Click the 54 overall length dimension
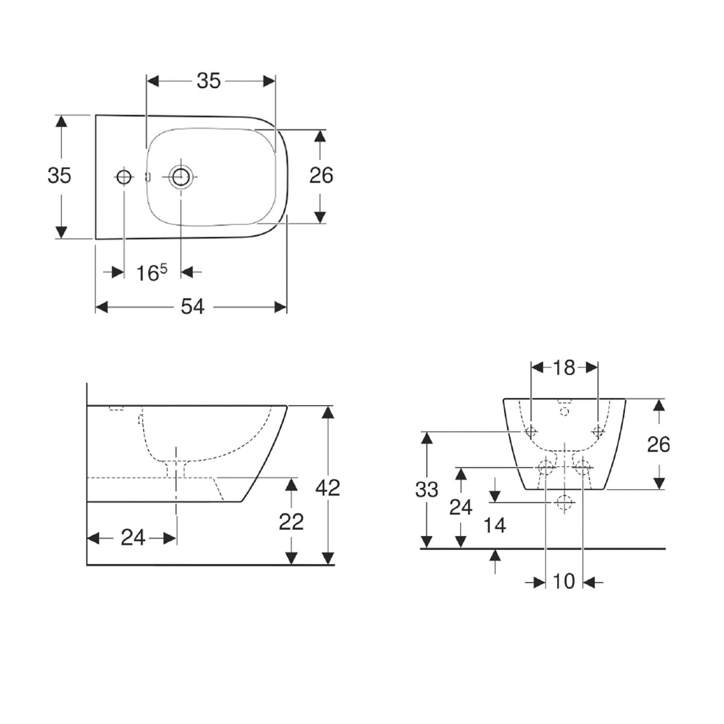tap(193, 306)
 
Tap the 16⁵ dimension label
tap(152, 273)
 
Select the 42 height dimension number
tap(328, 487)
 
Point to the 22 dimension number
tap(291, 522)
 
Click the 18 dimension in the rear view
tap(564, 368)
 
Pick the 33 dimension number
tap(427, 489)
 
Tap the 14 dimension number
tap(495, 525)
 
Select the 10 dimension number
tap(564, 582)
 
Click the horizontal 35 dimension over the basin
tap(209, 81)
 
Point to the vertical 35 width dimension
tap(59, 175)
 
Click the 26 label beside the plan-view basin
tap(321, 175)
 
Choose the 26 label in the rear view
tap(658, 444)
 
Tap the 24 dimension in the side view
tap(133, 537)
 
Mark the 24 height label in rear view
tap(461, 507)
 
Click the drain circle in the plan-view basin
tap(181, 177)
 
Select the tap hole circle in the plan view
tap(124, 178)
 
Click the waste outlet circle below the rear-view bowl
tap(563, 502)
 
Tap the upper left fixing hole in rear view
tap(531, 431)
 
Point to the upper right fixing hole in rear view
tap(598, 431)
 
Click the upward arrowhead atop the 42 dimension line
tap(328, 413)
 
